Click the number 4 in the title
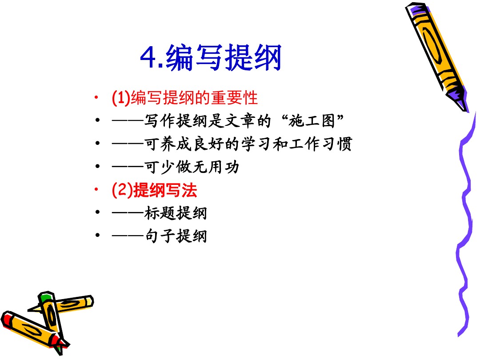coord(149,57)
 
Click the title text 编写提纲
coord(224,57)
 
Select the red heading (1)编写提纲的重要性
coord(184,98)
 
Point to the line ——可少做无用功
coord(176,167)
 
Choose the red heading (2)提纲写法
coord(154,190)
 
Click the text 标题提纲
coord(176,213)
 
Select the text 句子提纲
coord(176,236)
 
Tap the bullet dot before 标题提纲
coord(97,212)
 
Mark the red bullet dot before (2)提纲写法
coord(96,189)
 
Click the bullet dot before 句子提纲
coord(97,235)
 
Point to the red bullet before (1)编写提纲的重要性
coord(96,97)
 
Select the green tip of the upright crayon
coord(46,296)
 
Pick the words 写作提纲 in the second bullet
coord(176,120)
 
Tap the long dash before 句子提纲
coord(128,236)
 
